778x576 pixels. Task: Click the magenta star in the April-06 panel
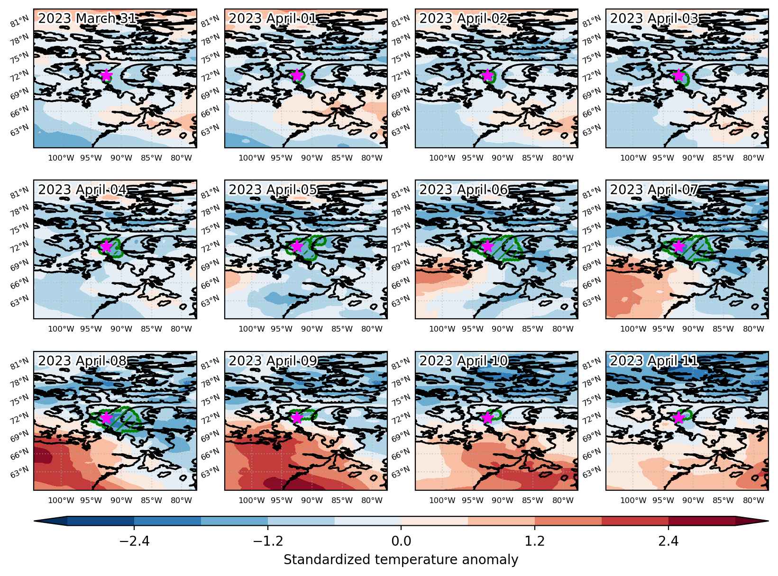click(x=487, y=246)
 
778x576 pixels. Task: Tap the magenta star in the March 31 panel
click(x=106, y=75)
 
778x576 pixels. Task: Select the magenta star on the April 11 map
click(x=678, y=417)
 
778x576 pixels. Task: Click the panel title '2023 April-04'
click(x=82, y=189)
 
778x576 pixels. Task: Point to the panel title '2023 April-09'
click(x=273, y=361)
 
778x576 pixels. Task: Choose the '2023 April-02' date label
click(x=464, y=18)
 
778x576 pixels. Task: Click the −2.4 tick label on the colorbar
click(x=134, y=541)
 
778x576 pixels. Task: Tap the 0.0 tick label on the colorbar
click(x=401, y=541)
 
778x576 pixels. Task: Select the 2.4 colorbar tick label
click(x=668, y=541)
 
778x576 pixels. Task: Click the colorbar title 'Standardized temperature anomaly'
click(x=401, y=560)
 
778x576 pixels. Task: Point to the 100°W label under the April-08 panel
click(x=61, y=500)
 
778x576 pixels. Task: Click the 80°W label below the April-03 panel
click(x=753, y=158)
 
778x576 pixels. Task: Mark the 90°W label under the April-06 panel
click(x=502, y=329)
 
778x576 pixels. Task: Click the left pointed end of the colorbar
click(x=34, y=522)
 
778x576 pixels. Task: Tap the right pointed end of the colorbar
click(x=768, y=522)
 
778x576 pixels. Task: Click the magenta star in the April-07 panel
click(x=678, y=246)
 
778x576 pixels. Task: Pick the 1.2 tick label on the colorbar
click(x=535, y=541)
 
